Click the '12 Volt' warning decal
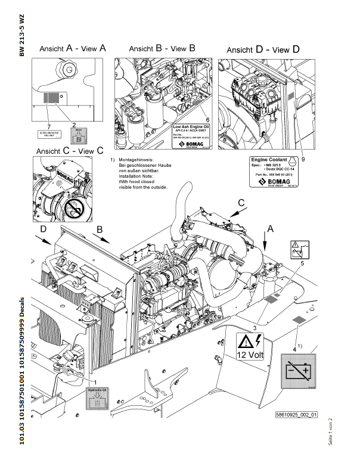(250, 347)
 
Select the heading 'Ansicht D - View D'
(263, 49)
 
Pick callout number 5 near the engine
(302, 263)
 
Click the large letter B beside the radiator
(100, 229)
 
